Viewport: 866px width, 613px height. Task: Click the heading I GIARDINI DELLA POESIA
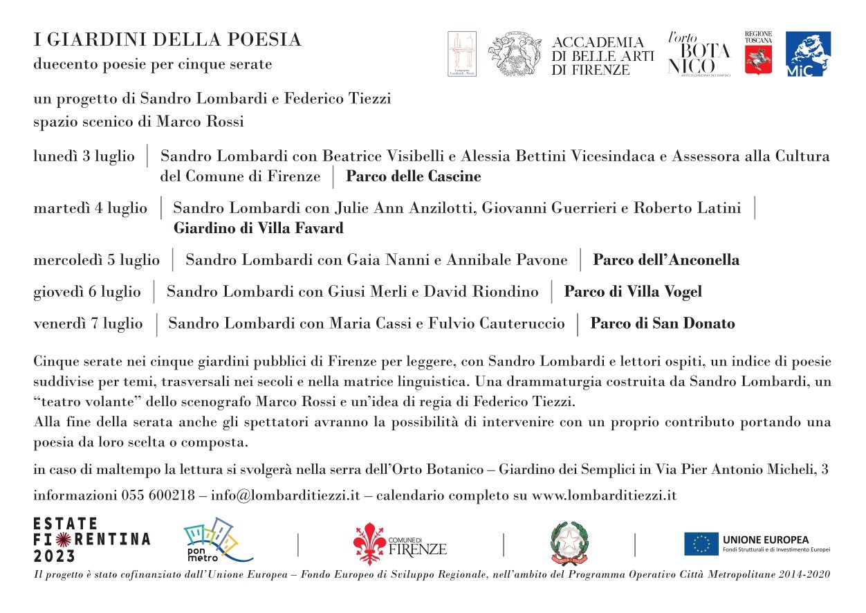pyautogui.click(x=168, y=41)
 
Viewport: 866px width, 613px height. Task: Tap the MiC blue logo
pyautogui.click(x=809, y=54)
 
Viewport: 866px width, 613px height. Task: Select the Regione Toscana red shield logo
pyautogui.click(x=758, y=59)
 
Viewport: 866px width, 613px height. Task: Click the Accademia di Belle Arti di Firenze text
pyautogui.click(x=602, y=56)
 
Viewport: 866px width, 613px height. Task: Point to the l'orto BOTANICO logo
pyautogui.click(x=698, y=54)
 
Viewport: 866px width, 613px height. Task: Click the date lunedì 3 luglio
pyautogui.click(x=84, y=156)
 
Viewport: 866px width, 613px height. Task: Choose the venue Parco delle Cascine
pyautogui.click(x=413, y=176)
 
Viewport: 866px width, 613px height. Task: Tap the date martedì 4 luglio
pyautogui.click(x=91, y=208)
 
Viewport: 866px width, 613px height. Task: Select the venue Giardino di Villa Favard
pyautogui.click(x=258, y=228)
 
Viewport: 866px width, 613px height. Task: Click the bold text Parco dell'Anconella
pyautogui.click(x=666, y=260)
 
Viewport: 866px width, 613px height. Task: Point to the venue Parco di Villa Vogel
pyautogui.click(x=633, y=292)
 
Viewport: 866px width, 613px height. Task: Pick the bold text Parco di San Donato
pyautogui.click(x=662, y=324)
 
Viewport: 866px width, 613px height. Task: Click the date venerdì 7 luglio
pyautogui.click(x=89, y=324)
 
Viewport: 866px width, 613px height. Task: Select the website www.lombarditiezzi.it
pyautogui.click(x=604, y=496)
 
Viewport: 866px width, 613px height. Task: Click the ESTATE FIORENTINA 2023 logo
pyautogui.click(x=92, y=540)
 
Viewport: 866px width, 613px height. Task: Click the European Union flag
pyautogui.click(x=701, y=544)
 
